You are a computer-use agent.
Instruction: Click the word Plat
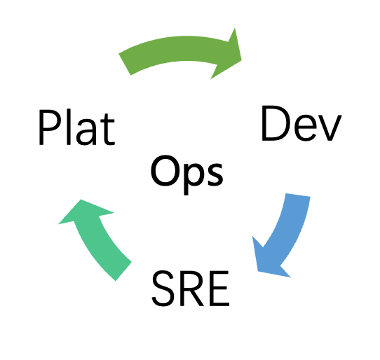[x=76, y=127]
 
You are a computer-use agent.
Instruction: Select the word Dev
[x=301, y=123]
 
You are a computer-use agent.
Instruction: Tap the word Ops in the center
[x=186, y=175]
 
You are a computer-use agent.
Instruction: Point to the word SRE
[x=191, y=289]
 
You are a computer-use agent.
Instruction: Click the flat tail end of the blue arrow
[x=298, y=195]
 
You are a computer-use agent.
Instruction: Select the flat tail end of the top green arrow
[x=125, y=64]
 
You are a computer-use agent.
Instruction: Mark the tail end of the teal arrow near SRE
[x=123, y=271]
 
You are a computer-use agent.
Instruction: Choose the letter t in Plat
[x=107, y=130]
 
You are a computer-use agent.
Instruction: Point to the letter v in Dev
[x=330, y=128]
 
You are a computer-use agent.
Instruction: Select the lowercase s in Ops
[x=214, y=174]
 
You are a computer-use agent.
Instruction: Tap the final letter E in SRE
[x=219, y=289]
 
